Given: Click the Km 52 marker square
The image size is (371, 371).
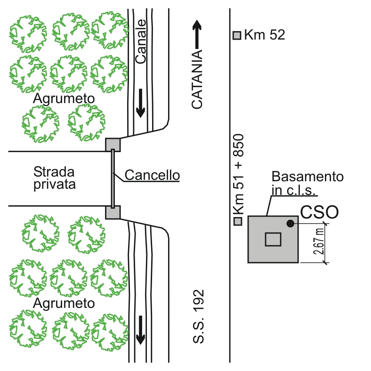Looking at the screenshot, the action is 237,35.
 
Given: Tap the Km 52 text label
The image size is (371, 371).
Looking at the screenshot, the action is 265,35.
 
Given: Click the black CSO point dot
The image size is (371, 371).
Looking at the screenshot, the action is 290,223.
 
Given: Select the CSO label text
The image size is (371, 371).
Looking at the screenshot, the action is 319,212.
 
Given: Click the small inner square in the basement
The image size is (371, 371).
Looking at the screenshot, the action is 273,240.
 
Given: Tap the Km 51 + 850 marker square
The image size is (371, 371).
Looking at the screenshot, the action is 238,221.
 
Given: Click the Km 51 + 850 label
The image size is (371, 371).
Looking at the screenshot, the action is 238,174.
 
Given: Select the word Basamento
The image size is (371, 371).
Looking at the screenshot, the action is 307,177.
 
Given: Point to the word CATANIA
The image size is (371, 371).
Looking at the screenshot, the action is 197,79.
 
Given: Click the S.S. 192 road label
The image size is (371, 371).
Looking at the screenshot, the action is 198,316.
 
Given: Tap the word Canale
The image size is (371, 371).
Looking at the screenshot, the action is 141,41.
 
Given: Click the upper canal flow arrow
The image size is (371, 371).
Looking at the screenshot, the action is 141,103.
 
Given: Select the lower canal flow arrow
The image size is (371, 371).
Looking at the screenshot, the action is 141,330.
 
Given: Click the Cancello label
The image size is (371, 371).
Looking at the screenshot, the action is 152,175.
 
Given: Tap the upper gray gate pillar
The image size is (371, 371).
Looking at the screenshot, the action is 113,145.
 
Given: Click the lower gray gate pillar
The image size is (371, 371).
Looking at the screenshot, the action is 113,212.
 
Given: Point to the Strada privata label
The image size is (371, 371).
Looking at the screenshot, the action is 55,178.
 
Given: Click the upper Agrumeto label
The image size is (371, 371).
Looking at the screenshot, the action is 64,98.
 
